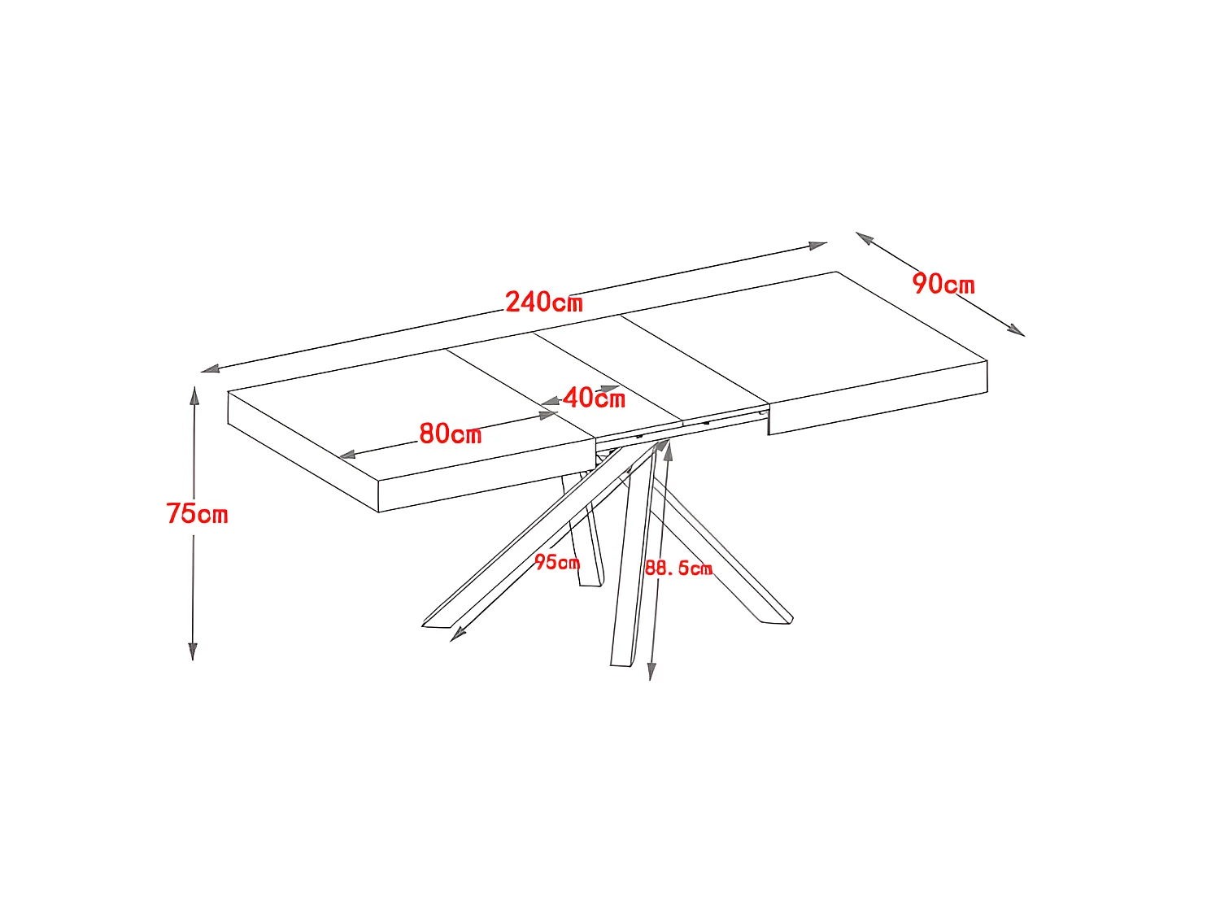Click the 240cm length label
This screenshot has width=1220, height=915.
544,302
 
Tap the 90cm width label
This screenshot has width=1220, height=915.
943,284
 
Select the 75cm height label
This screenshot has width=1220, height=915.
197,514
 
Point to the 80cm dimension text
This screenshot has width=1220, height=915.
451,434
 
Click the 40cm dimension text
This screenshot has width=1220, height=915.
595,399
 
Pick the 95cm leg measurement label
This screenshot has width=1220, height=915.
557,562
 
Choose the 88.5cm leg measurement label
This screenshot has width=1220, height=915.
678,568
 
